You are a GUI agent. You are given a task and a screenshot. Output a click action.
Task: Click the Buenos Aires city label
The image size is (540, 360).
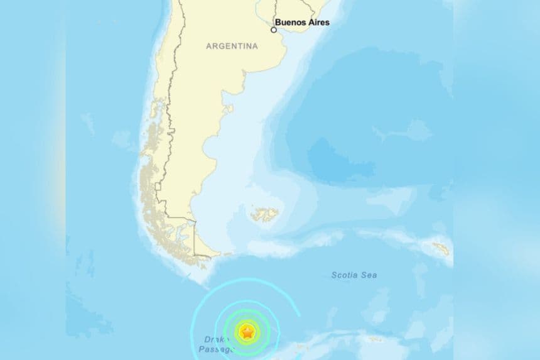pos(301,23)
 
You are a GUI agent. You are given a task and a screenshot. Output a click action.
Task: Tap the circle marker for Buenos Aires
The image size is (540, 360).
pos(274,30)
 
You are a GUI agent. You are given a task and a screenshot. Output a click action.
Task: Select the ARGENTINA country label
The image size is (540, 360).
pos(232,46)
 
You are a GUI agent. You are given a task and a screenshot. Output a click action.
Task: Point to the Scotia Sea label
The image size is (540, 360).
pos(354,275)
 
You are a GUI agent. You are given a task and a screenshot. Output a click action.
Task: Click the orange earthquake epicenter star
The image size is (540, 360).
pos(247,332)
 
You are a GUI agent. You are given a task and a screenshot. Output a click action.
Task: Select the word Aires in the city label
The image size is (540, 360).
pos(318,23)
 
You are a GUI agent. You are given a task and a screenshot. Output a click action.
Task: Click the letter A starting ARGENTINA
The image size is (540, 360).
pos(208,46)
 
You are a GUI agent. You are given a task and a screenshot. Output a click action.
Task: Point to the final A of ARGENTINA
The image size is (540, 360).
pos(255,46)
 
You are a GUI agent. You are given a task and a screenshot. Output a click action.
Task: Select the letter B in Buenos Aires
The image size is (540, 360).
pos(278,23)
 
